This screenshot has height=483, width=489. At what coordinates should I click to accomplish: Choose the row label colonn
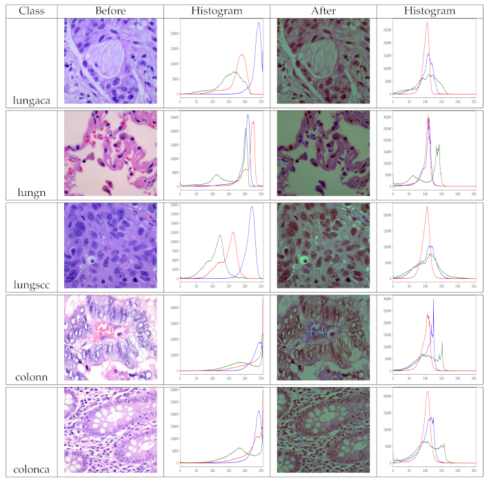(30, 376)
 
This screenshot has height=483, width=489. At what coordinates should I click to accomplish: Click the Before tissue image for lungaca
(110, 61)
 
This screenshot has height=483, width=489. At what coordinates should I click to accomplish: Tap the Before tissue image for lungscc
(110, 246)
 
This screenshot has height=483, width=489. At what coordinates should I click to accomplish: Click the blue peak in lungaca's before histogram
(259, 23)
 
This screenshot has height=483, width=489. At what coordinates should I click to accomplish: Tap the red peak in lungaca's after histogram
(427, 23)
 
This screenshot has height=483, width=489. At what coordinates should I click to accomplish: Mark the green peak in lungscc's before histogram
(220, 235)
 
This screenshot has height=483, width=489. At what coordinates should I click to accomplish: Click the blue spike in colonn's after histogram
(433, 299)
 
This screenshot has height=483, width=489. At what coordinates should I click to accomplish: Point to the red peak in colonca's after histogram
(427, 392)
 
